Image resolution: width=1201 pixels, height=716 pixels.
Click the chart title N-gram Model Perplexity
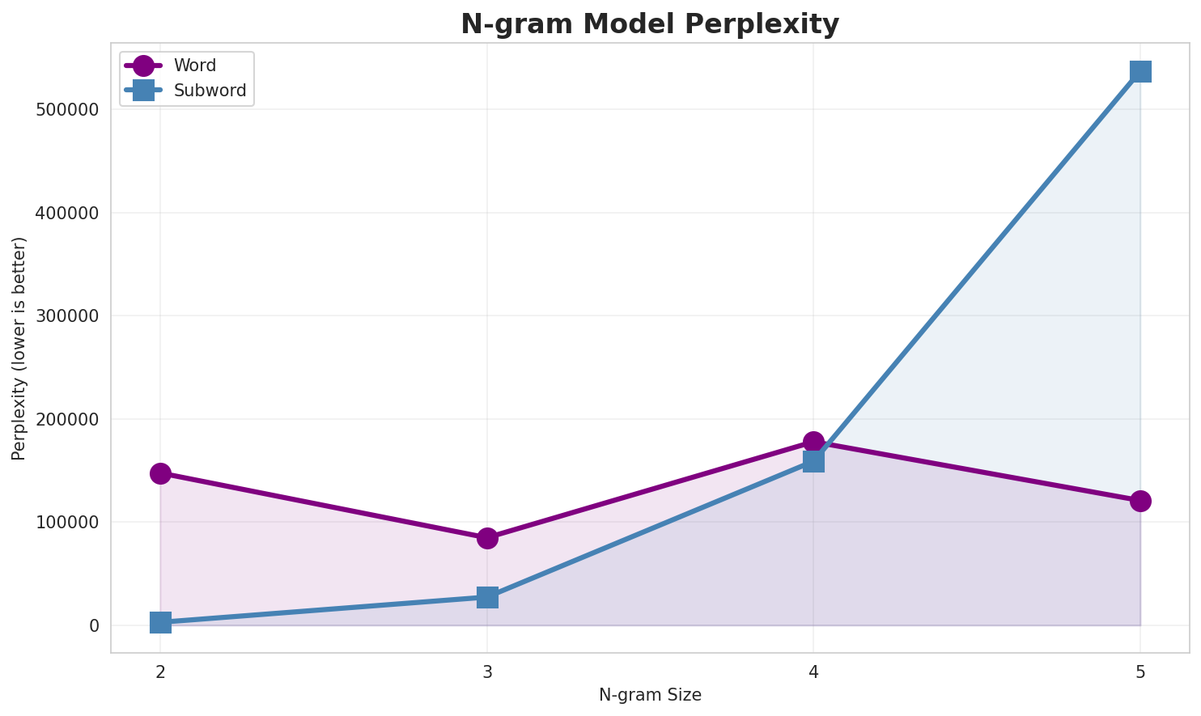click(x=650, y=24)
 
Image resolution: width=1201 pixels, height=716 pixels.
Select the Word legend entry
click(x=194, y=66)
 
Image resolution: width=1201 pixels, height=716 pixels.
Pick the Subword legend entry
click(x=210, y=91)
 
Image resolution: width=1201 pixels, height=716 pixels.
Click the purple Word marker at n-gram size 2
click(x=160, y=473)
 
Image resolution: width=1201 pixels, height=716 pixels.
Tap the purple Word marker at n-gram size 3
click(x=487, y=538)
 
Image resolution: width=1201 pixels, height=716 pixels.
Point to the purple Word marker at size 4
click(x=813, y=442)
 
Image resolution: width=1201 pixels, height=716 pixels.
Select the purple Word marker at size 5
click(x=1140, y=501)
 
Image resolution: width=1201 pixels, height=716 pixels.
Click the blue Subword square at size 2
click(x=160, y=622)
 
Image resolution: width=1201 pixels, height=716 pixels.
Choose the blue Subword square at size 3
click(x=487, y=597)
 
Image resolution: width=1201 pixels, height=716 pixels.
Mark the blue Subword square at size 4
click(x=813, y=461)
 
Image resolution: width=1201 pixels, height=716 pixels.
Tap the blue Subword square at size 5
click(x=1140, y=71)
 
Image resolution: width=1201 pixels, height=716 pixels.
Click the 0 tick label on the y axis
click(x=95, y=626)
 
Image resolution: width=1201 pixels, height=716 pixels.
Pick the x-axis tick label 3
click(x=487, y=672)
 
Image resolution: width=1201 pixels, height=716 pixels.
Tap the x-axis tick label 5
click(x=1140, y=672)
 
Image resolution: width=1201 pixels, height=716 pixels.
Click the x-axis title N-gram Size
click(x=650, y=695)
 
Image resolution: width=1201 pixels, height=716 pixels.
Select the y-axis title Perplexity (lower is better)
click(x=19, y=348)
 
